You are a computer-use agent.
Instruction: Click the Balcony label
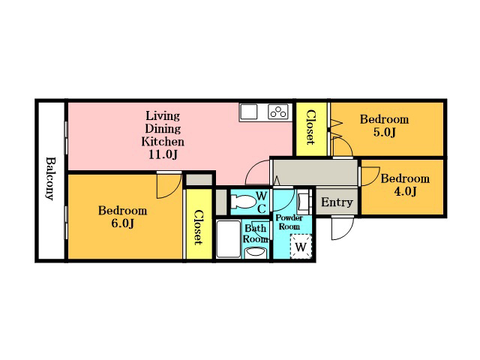coord(50,178)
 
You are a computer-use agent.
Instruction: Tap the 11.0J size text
coord(163,155)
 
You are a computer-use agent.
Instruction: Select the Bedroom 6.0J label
coord(122,217)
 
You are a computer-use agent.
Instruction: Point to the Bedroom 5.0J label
coord(384,125)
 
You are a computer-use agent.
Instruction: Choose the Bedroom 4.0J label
coord(405,184)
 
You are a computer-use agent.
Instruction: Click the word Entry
coord(337,202)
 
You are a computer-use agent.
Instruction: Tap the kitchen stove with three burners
coord(278,112)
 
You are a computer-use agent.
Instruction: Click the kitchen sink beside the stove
coord(248,112)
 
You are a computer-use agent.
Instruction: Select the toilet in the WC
coord(243,202)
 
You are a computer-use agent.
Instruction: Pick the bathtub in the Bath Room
coord(228,239)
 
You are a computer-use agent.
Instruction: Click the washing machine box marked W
coord(301,247)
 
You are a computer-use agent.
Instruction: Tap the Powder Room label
coord(289,222)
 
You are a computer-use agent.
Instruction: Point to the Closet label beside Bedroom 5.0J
coord(310,127)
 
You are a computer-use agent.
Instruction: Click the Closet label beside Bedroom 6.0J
coord(199,227)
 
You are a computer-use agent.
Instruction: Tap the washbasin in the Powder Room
coord(303,202)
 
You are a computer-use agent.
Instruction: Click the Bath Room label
coord(256,233)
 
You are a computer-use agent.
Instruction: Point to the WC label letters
coord(261,202)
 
